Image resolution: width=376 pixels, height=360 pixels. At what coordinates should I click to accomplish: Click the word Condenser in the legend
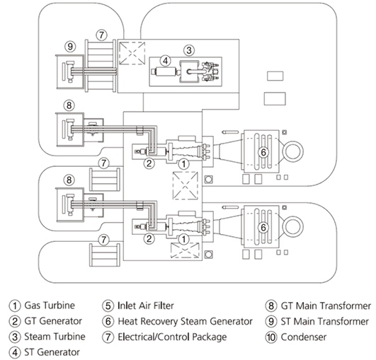pos(303,337)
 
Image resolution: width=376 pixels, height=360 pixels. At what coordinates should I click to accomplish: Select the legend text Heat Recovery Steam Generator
pos(185,321)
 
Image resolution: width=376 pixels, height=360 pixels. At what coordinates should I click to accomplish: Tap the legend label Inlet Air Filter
pos(146,306)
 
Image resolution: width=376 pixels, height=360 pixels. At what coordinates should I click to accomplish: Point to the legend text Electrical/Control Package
pos(172,337)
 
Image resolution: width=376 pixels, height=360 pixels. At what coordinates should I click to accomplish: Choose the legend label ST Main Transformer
pos(324,321)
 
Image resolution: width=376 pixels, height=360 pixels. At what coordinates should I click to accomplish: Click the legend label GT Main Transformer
pos(326,306)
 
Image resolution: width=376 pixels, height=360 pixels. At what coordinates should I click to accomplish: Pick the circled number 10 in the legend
pos(271,337)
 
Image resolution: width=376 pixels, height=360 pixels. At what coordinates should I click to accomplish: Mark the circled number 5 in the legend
pos(108,306)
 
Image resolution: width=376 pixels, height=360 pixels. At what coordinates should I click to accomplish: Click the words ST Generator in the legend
pos(52,352)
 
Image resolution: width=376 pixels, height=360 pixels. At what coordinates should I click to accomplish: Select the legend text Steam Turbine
pos(55,337)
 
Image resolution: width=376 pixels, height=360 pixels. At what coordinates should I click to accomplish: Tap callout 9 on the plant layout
pos(70,46)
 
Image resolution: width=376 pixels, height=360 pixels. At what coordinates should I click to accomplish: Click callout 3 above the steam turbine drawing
pos(189,50)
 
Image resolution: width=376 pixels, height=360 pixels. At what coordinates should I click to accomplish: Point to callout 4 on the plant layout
pos(165,61)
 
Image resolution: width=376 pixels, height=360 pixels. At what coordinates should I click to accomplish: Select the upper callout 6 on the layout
pos(263,152)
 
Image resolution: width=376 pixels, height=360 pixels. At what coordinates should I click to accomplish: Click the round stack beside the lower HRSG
pos(293,227)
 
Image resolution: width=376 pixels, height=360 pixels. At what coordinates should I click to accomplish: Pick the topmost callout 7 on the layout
pos(101,35)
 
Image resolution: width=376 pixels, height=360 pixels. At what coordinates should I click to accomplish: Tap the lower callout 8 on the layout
pos(69,180)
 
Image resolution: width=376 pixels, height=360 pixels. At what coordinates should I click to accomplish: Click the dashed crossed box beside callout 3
pos(132,53)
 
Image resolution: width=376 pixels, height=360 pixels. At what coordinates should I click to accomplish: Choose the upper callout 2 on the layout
pos(149,164)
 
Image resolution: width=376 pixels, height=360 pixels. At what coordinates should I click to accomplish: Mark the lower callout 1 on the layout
pos(183,239)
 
